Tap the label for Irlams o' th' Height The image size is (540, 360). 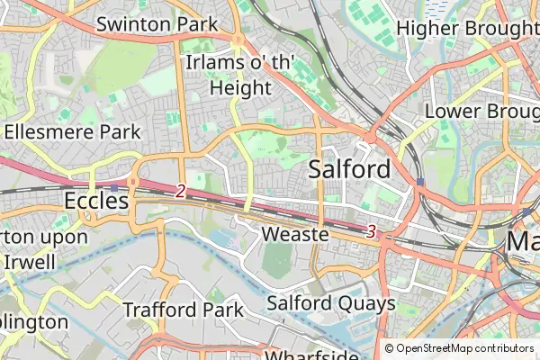239,75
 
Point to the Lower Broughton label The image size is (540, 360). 481,111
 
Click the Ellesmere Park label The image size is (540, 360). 72,131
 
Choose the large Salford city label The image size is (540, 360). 350,169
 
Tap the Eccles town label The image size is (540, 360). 96,201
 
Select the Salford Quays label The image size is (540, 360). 331,303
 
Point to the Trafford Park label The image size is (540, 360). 184,310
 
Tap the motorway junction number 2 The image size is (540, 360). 181,191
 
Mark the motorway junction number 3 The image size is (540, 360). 371,231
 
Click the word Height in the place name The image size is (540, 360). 240,87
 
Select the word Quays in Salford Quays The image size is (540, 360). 365,303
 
